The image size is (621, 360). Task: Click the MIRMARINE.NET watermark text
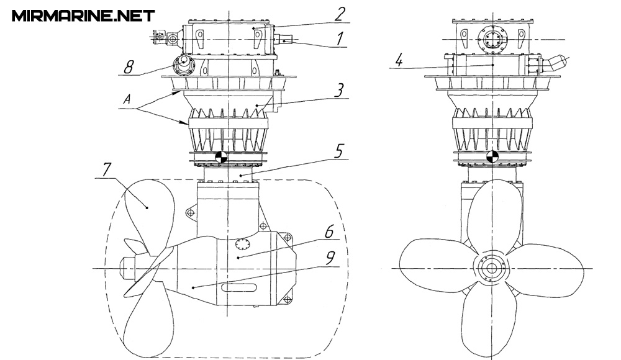click(x=83, y=16)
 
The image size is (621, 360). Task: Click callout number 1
click(x=340, y=39)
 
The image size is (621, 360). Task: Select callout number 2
click(x=340, y=15)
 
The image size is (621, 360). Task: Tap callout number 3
click(x=339, y=90)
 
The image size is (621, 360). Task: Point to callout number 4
click(x=399, y=61)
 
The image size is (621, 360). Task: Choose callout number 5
click(x=339, y=151)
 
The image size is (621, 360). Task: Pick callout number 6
click(x=330, y=232)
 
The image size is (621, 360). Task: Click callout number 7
click(x=107, y=170)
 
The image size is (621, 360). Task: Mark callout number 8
click(x=129, y=67)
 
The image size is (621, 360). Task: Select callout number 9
click(x=330, y=258)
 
